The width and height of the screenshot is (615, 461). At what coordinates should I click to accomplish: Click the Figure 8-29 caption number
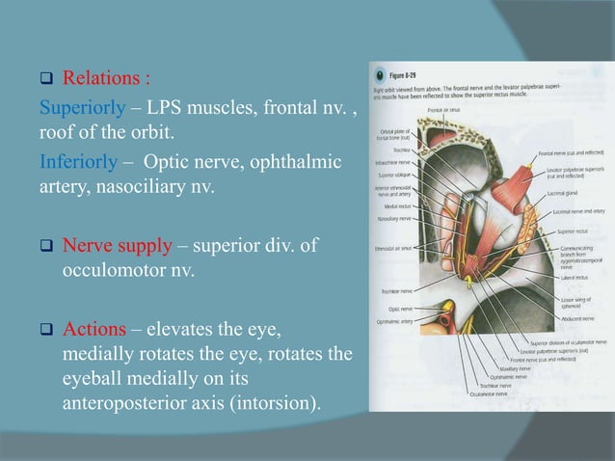[406, 69]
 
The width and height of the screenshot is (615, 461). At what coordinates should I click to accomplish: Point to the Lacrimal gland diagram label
[562, 192]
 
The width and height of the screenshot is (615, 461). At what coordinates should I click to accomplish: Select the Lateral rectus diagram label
[561, 276]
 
